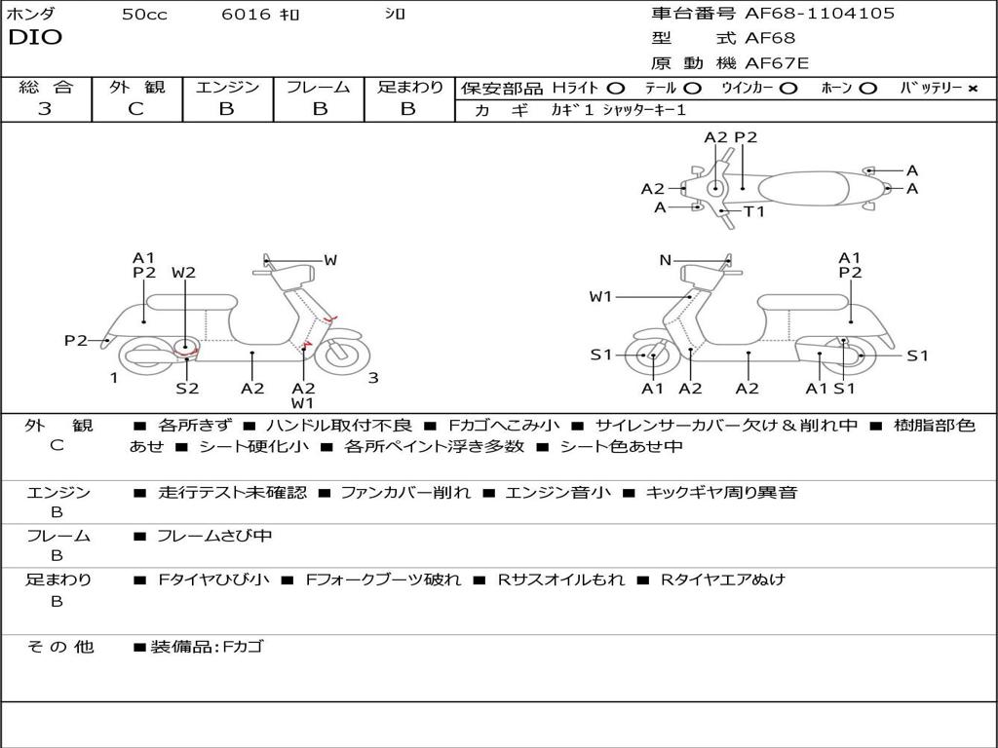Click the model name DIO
pos(35,38)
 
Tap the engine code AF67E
pos(777,63)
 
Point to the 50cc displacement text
pos(143,15)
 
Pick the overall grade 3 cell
pos(45,109)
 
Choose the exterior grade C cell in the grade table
pos(135,109)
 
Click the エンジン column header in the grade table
pos(227,87)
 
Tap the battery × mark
pos(972,88)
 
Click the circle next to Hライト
pos(616,88)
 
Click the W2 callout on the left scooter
pos(183,273)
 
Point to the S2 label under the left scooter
pos(187,388)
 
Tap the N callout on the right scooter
pos(666,260)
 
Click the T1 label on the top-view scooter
pos(754,211)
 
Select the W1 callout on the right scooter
pos(600,296)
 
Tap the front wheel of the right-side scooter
pos(651,356)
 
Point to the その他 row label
pos(59,647)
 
